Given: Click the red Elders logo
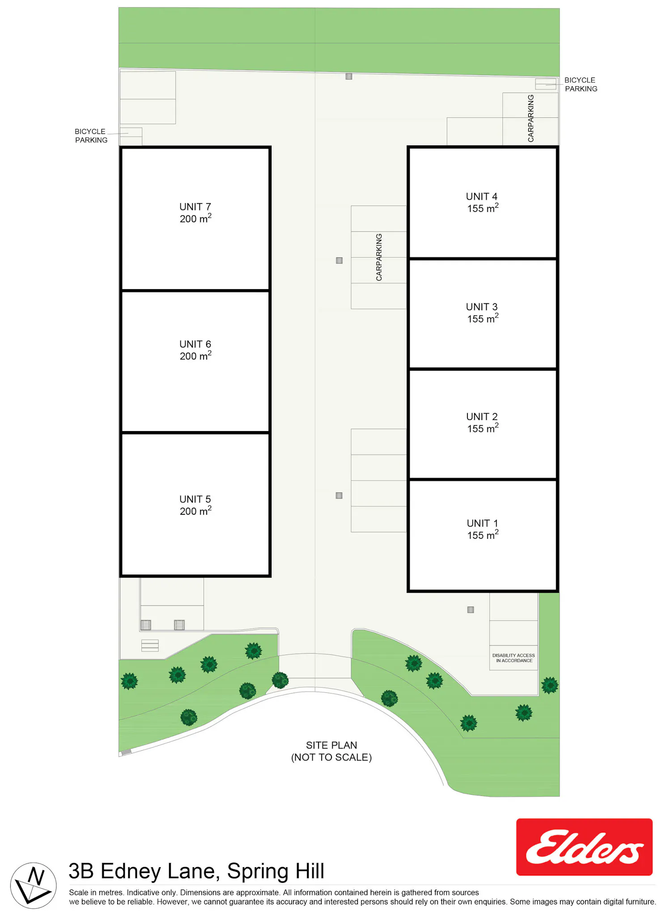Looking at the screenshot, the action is point(584,847).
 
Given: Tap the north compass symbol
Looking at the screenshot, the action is point(34,885).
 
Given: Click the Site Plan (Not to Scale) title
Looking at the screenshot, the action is point(331,751).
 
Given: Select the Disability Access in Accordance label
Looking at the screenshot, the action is point(514,658).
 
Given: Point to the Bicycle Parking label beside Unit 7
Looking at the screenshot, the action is point(91,136).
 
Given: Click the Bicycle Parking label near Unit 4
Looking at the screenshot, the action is point(581,84).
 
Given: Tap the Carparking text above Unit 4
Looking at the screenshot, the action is point(531,118).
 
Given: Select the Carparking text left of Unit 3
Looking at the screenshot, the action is point(379,257).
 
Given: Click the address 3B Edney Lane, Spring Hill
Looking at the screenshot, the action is point(196,871).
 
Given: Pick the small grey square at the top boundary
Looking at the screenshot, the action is point(349,77).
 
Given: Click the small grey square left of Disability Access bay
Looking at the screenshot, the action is point(471,610).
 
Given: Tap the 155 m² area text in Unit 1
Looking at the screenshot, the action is point(483,535).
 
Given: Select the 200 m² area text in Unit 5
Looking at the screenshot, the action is point(195,511).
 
